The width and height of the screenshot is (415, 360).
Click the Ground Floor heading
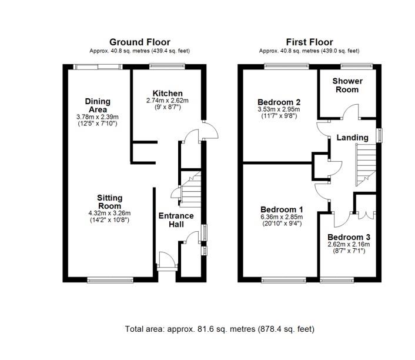[140, 42]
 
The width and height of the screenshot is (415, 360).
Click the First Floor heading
[309, 42]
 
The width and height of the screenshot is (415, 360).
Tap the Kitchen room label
[168, 94]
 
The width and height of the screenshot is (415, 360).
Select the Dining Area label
[98, 105]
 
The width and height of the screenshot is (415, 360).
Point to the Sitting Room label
[109, 202]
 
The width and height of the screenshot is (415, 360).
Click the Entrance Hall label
[176, 220]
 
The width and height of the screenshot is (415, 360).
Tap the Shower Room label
[347, 85]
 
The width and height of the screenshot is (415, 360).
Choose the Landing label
[352, 138]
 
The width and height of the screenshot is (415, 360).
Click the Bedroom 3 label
[349, 237]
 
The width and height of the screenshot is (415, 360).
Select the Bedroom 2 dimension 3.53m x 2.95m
[279, 109]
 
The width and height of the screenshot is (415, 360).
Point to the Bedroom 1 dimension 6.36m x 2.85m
[282, 217]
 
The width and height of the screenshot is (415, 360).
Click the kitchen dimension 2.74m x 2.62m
[168, 101]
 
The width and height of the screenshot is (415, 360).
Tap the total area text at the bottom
[220, 329]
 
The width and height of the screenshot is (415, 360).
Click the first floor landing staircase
[366, 165]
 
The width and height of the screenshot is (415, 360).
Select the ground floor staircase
[190, 189]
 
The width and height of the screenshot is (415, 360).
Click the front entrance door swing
[168, 259]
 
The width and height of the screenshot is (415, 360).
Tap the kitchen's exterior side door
[210, 130]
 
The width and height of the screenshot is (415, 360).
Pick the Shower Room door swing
[351, 111]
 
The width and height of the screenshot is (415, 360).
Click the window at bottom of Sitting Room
[111, 280]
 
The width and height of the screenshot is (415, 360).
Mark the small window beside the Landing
[380, 135]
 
